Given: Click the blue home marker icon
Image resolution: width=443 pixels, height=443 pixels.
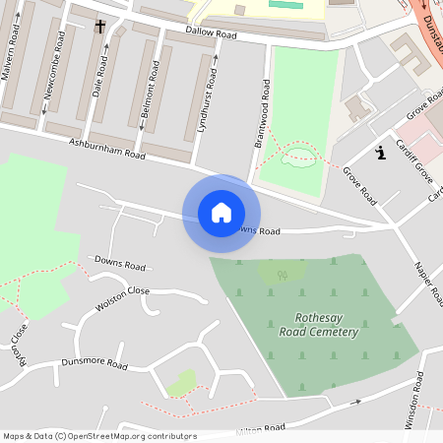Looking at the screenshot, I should click(221, 213).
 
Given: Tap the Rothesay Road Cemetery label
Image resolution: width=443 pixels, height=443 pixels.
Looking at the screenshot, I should click(327, 325).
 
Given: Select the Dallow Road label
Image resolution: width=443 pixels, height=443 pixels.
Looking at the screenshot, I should click(214, 34).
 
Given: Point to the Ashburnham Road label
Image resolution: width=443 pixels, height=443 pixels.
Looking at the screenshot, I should click(107, 149).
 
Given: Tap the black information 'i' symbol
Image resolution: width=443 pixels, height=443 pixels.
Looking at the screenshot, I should click(380, 152).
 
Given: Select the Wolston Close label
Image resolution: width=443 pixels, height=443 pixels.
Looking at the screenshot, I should click(122, 298).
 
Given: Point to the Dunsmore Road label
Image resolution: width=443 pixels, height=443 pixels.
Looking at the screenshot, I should click(95, 364).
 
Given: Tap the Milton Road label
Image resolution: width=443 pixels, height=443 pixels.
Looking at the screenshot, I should click(261, 428).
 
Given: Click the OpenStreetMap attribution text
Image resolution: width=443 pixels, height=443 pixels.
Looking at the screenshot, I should click(99, 436).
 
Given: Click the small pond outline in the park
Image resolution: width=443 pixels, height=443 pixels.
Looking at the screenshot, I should click(298, 155).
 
